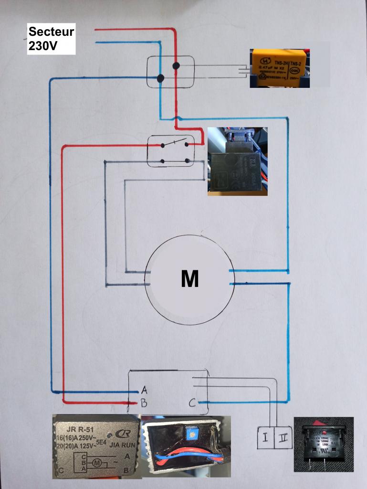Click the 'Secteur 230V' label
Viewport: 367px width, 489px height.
pos(51,39)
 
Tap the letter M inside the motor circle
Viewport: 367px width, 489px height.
pos(189,279)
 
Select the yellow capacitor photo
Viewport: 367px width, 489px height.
pos(279,67)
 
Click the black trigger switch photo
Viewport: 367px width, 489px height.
pos(237,161)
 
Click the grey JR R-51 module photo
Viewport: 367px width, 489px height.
pos(96,446)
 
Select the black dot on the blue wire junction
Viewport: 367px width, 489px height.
pos(160,78)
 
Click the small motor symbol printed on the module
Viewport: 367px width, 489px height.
pos(96,462)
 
